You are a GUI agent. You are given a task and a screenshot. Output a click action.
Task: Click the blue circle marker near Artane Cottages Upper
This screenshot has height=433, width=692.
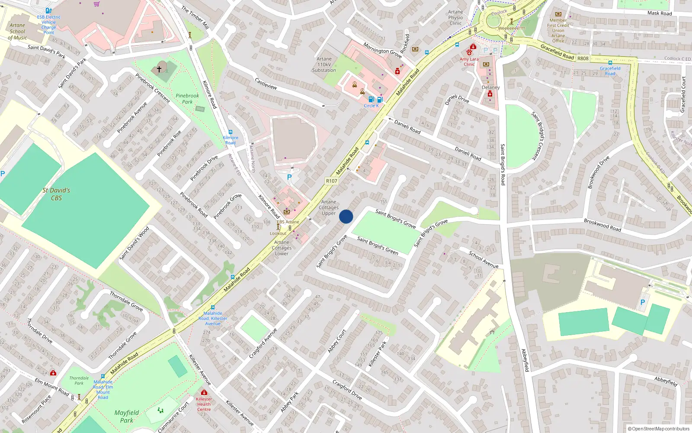(x=346, y=216)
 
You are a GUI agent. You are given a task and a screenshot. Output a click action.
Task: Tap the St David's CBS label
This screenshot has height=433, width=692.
(x=56, y=194)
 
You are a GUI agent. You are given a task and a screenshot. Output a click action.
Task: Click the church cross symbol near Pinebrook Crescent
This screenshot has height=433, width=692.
(x=159, y=69)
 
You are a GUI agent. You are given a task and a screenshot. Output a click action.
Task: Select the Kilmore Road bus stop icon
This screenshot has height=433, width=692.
(x=231, y=132)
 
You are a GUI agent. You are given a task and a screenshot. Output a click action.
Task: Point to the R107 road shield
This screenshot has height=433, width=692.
(x=331, y=181)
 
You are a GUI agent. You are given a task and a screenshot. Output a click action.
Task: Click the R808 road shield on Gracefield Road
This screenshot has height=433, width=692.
(x=583, y=58)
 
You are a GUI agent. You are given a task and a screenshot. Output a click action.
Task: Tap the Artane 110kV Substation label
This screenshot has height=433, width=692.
(x=324, y=65)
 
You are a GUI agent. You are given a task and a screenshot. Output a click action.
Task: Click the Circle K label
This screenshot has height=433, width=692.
(x=371, y=106)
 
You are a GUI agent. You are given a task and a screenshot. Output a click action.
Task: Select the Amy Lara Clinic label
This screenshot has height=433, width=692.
(x=469, y=61)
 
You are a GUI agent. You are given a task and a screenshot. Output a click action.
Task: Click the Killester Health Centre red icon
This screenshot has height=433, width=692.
(x=204, y=392)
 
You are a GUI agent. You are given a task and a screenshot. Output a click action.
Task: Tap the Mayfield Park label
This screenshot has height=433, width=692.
(x=127, y=416)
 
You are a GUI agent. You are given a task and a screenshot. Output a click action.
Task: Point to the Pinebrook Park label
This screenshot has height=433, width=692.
(x=187, y=99)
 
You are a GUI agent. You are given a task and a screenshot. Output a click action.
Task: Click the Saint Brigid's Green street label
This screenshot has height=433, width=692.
(x=378, y=246)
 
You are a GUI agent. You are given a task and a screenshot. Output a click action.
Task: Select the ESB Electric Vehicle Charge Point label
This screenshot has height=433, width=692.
(x=48, y=25)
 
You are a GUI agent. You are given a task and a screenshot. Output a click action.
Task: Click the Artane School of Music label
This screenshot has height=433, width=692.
(x=17, y=31)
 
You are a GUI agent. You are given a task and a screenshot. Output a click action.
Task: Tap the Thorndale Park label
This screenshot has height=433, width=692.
(x=79, y=380)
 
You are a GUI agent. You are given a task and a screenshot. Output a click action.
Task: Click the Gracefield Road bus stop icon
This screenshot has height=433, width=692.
(x=610, y=63)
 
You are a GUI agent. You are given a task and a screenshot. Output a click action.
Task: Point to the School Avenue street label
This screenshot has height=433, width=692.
(x=484, y=259)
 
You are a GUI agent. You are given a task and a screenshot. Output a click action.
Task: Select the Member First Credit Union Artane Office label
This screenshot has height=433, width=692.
(x=558, y=30)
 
